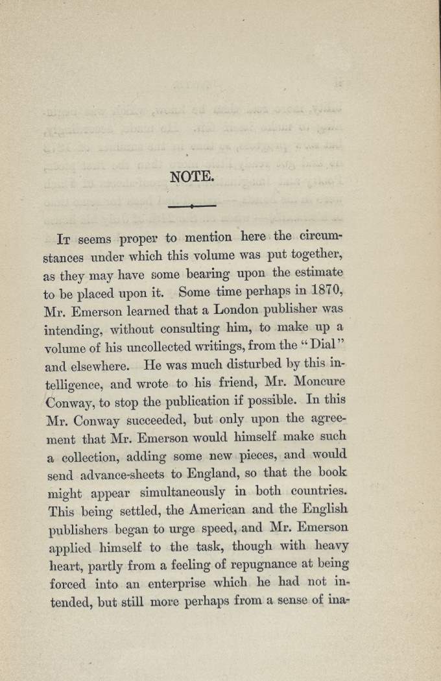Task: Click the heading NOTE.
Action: coord(191,176)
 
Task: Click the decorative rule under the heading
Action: coord(191,206)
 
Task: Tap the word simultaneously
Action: coord(184,492)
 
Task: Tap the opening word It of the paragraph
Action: coord(64,237)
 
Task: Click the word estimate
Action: coord(318,272)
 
